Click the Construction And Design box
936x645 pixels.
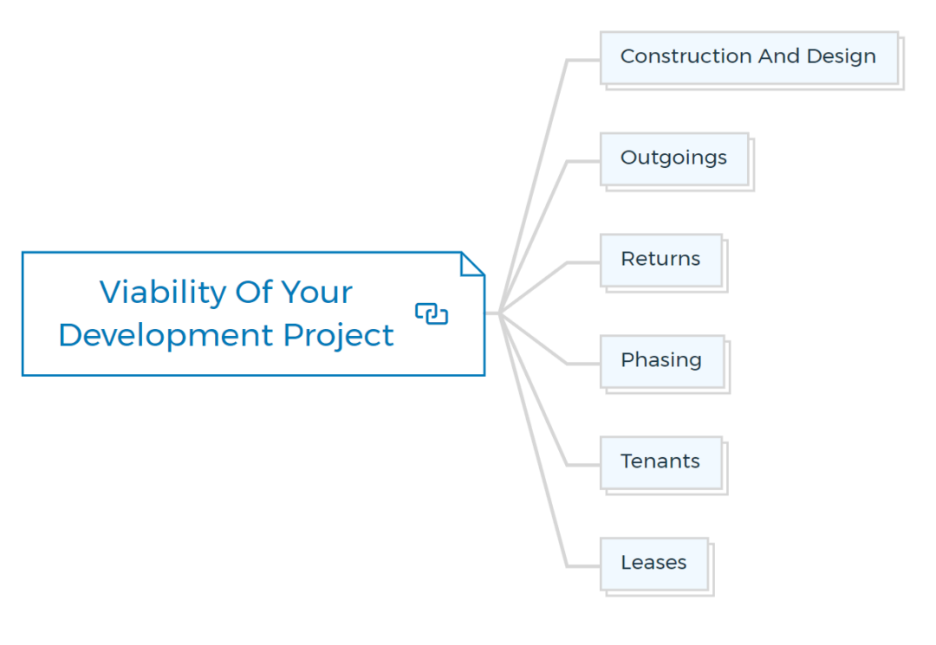point(749,58)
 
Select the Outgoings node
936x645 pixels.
point(674,159)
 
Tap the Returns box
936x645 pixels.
point(661,261)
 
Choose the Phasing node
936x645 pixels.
point(662,362)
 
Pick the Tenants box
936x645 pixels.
point(661,463)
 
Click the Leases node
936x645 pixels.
point(654,564)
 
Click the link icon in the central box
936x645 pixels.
point(432,313)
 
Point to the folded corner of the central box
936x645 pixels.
point(472,264)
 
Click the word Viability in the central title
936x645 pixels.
point(163,293)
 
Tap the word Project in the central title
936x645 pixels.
point(339,336)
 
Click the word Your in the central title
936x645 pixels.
point(317,293)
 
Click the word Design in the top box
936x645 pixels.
point(842,57)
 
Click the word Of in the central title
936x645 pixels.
point(254,293)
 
